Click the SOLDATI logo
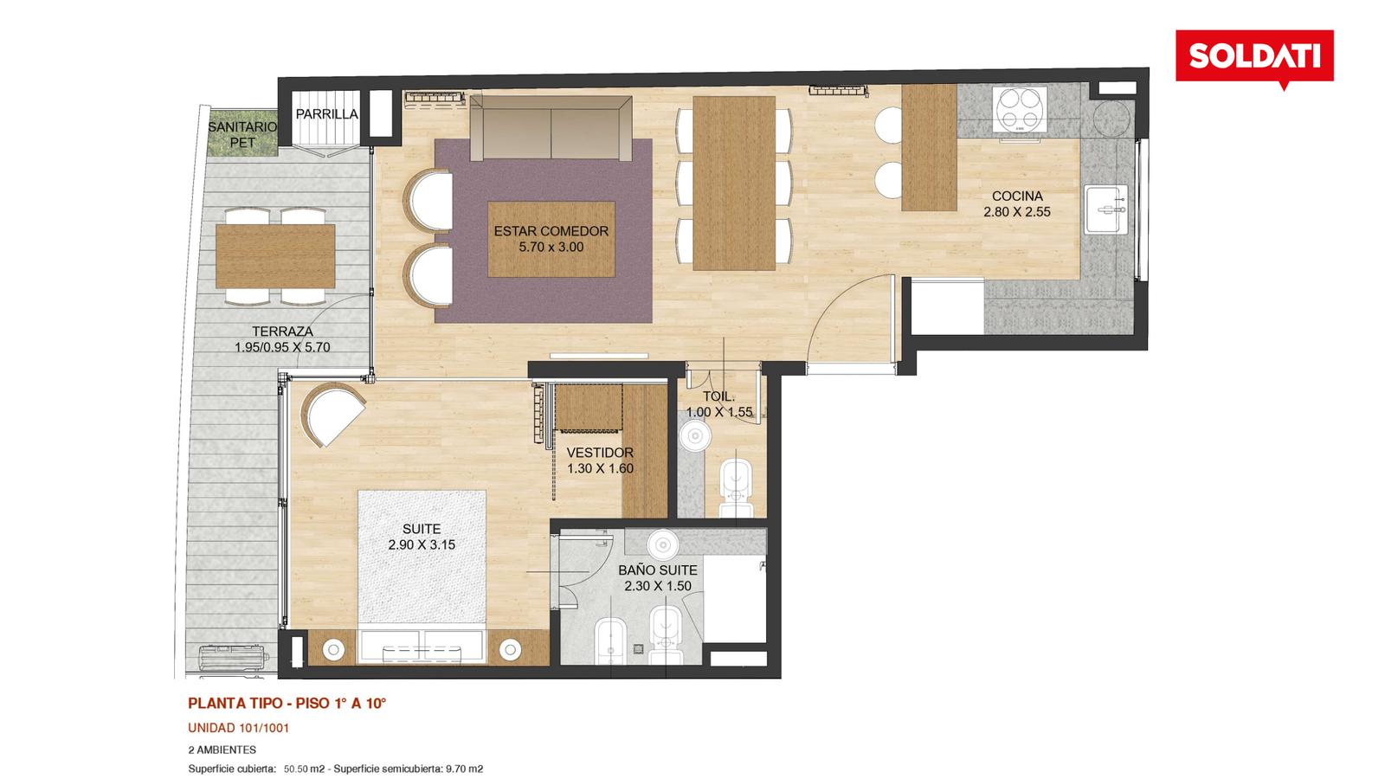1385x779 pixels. pos(1254,57)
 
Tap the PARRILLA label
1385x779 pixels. pos(326,113)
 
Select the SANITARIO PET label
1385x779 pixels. pos(242,134)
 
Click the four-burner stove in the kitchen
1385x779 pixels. pos(1020,109)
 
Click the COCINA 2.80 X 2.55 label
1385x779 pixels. pos(1017,203)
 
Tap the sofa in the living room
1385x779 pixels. pos(551,128)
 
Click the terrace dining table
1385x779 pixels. pos(275,256)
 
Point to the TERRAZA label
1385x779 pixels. pos(282,332)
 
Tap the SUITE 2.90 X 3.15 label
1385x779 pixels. pos(422,537)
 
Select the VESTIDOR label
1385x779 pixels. pos(600,454)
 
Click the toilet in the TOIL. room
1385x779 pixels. pos(737,488)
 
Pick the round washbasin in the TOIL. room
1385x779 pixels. pos(696,436)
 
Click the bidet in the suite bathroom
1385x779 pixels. pos(611,641)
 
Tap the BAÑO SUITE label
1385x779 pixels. pos(657,570)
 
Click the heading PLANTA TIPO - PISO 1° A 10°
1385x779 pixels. pos(287,703)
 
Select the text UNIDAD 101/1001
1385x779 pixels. pos(239,728)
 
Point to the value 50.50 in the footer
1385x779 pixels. pos(295,769)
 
